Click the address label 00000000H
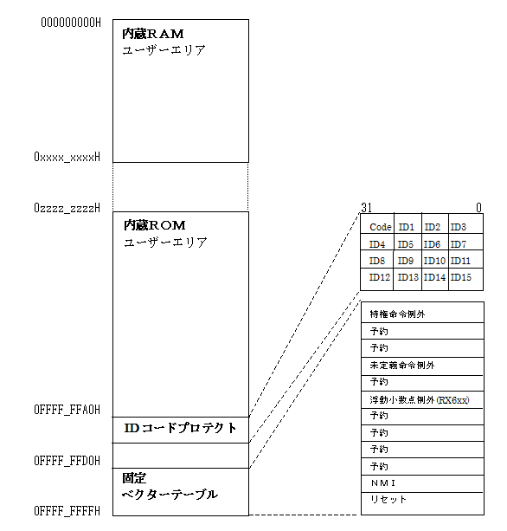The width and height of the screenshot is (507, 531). [x=71, y=23]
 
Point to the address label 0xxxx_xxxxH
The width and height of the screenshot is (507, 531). [x=67, y=157]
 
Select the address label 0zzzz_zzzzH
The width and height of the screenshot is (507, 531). [x=67, y=208]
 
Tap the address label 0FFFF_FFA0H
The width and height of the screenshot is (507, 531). [x=67, y=410]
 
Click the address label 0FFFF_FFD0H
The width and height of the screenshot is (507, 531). [x=67, y=461]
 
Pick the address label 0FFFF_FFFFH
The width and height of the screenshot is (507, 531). [x=67, y=511]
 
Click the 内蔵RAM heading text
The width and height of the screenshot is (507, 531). [x=153, y=34]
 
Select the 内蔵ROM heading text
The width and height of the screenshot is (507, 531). [x=155, y=225]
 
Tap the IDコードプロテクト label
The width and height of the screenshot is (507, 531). [x=180, y=428]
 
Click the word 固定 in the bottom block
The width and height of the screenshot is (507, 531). [x=134, y=478]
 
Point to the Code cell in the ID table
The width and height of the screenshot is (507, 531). [x=380, y=227]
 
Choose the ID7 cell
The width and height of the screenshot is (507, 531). [x=459, y=244]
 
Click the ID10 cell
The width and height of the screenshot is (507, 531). [x=434, y=261]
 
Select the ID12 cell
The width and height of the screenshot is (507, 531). [x=380, y=277]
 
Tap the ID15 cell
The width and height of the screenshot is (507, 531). [x=460, y=277]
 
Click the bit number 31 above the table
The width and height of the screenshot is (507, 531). [x=366, y=208]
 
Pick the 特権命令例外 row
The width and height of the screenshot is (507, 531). [x=397, y=314]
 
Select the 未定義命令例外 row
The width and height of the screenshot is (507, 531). [x=402, y=365]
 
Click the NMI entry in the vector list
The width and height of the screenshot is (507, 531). [x=383, y=482]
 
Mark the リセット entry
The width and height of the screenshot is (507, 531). [x=388, y=499]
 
